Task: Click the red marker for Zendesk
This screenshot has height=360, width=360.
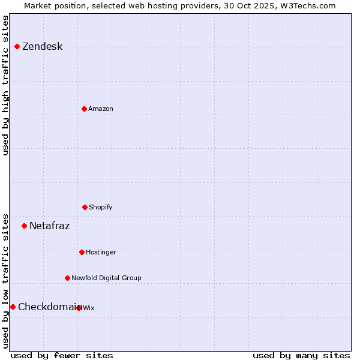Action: pyautogui.click(x=17, y=47)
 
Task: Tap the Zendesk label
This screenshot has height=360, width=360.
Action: pyautogui.click(x=42, y=47)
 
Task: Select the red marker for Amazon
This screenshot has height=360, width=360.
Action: pyautogui.click(x=84, y=109)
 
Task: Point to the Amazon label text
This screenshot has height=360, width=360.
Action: pyautogui.click(x=101, y=109)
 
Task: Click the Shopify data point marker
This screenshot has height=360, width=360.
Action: pyautogui.click(x=85, y=207)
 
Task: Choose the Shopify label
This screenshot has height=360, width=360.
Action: pyautogui.click(x=101, y=207)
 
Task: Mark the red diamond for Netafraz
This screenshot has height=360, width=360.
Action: pyautogui.click(x=24, y=226)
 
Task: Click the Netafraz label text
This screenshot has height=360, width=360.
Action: pyautogui.click(x=49, y=226)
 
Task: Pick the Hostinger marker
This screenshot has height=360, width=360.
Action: pyautogui.click(x=82, y=252)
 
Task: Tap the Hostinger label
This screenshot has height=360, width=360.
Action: pyautogui.click(x=101, y=252)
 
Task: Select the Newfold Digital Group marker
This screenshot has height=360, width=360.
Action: pyautogui.click(x=67, y=278)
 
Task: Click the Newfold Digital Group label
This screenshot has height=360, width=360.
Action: pyautogui.click(x=106, y=278)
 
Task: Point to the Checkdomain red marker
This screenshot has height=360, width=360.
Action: pyautogui.click(x=13, y=307)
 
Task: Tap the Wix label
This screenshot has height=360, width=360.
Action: pyautogui.click(x=89, y=308)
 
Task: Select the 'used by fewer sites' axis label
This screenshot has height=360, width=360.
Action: pyautogui.click(x=62, y=355)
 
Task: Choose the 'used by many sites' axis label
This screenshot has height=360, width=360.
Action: pyautogui.click(x=301, y=355)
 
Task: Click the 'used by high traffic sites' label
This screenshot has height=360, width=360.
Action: pyautogui.click(x=5, y=85)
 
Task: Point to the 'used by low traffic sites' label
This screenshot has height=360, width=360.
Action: pyautogui.click(x=5, y=280)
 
